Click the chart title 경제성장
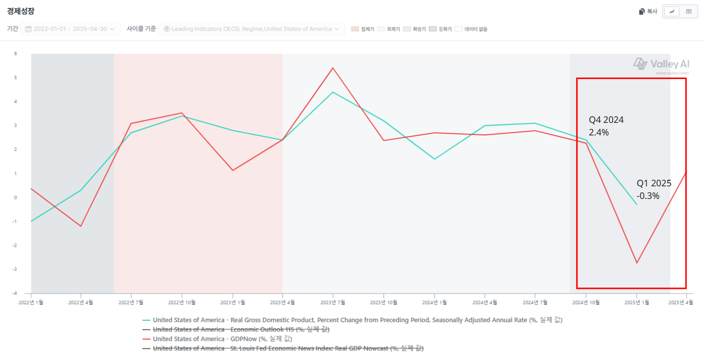click(x=21, y=11)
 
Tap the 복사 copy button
click(x=648, y=12)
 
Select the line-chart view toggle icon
click(x=672, y=12)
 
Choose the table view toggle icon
click(x=688, y=12)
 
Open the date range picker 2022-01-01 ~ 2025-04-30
click(x=70, y=29)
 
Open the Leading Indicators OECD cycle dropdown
click(x=251, y=29)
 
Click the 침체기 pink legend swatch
click(x=355, y=29)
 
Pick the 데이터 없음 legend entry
click(x=471, y=29)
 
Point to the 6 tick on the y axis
click(x=16, y=54)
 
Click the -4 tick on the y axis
click(x=15, y=293)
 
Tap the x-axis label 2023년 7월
click(x=332, y=302)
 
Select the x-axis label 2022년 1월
click(x=31, y=302)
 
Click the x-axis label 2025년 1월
click(x=637, y=302)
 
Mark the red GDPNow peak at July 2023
click(x=333, y=68)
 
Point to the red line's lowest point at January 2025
click(x=637, y=263)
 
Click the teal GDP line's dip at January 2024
click(x=435, y=159)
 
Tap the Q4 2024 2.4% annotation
click(x=606, y=126)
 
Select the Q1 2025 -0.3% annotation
click(x=654, y=189)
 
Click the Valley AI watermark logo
click(x=661, y=64)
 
